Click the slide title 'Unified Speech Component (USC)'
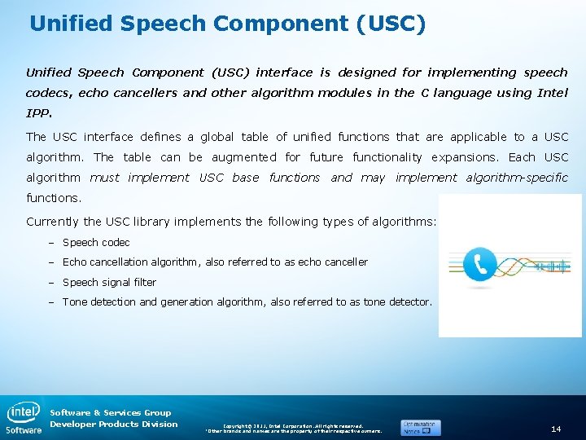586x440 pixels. (x=227, y=23)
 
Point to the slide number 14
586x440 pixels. (x=556, y=429)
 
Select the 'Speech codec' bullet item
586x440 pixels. (x=96, y=243)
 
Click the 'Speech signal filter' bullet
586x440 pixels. (x=109, y=283)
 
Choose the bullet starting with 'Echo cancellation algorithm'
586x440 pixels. (x=215, y=262)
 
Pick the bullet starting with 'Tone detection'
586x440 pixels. (x=247, y=302)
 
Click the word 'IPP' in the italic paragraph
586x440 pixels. (x=38, y=113)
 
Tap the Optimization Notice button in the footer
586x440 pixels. (x=421, y=427)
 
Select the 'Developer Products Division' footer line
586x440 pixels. (x=113, y=425)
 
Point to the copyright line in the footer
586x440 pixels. (x=293, y=425)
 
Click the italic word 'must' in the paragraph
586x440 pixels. (x=104, y=178)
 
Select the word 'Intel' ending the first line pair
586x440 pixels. (x=552, y=93)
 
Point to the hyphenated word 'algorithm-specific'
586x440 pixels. (x=517, y=178)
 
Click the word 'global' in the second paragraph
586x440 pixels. (x=203, y=137)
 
